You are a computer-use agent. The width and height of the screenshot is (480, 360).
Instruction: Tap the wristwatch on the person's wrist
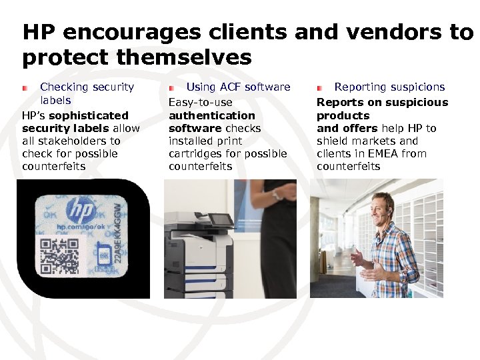click(274, 195)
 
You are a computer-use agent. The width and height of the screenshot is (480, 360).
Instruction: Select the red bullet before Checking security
click(24, 87)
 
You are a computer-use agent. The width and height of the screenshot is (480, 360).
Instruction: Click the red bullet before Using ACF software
click(171, 87)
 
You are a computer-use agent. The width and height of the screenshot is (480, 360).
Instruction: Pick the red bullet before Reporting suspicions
click(319, 87)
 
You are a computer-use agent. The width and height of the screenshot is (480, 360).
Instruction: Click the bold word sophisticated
click(89, 115)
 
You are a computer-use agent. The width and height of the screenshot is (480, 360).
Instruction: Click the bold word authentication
click(211, 115)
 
